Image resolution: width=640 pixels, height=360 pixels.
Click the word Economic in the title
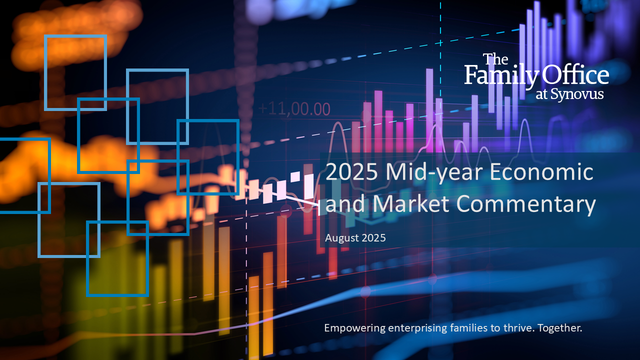[541, 172]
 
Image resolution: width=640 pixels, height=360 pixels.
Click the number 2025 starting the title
[351, 172]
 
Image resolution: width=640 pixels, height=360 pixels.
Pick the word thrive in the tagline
[518, 327]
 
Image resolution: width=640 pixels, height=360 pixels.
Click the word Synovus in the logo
[577, 94]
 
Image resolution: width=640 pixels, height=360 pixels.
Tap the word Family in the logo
[501, 75]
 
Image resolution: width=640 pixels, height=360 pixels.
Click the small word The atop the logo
[495, 59]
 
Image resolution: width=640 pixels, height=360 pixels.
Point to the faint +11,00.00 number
[294, 109]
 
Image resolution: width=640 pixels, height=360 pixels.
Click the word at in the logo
[541, 95]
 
